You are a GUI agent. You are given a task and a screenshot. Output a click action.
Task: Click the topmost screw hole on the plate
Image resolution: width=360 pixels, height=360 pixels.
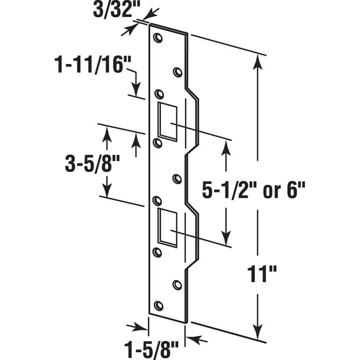(x=158, y=38)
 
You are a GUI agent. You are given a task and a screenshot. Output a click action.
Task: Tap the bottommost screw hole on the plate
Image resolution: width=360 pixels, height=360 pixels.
(x=158, y=306)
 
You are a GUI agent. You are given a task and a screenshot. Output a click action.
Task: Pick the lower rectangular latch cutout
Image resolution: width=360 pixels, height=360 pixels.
(x=167, y=228)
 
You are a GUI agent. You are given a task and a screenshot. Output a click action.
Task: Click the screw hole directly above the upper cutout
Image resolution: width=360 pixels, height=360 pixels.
(x=159, y=94)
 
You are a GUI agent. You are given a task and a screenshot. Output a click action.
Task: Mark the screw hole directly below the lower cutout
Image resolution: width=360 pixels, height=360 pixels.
(x=157, y=252)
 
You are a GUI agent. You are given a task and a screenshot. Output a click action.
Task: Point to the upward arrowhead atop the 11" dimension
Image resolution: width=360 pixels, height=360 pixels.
(x=257, y=61)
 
